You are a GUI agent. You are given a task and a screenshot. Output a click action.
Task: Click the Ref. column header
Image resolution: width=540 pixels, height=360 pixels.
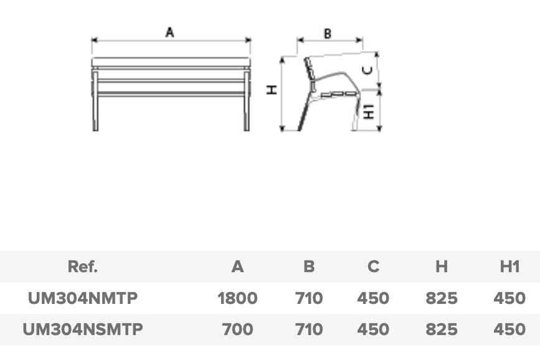83,267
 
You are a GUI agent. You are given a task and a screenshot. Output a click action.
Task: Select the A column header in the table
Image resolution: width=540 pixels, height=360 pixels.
238,267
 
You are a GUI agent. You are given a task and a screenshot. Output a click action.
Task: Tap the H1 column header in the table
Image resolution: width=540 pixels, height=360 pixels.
509,267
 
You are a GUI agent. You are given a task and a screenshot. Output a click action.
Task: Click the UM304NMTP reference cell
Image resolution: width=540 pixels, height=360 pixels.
83,298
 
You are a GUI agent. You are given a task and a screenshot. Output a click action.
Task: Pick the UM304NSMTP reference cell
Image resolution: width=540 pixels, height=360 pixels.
83,329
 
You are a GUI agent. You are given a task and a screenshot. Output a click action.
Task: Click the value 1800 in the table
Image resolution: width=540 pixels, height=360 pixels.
238,298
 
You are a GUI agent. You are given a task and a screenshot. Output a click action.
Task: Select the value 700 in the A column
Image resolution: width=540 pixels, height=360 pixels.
238,329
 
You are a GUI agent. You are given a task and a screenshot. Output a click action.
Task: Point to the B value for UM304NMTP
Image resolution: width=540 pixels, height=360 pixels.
309,298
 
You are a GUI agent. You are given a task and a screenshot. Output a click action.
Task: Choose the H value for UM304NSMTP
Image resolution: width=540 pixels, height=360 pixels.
442,329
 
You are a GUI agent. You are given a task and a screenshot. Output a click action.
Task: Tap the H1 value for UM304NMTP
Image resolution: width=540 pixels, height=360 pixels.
509,298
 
